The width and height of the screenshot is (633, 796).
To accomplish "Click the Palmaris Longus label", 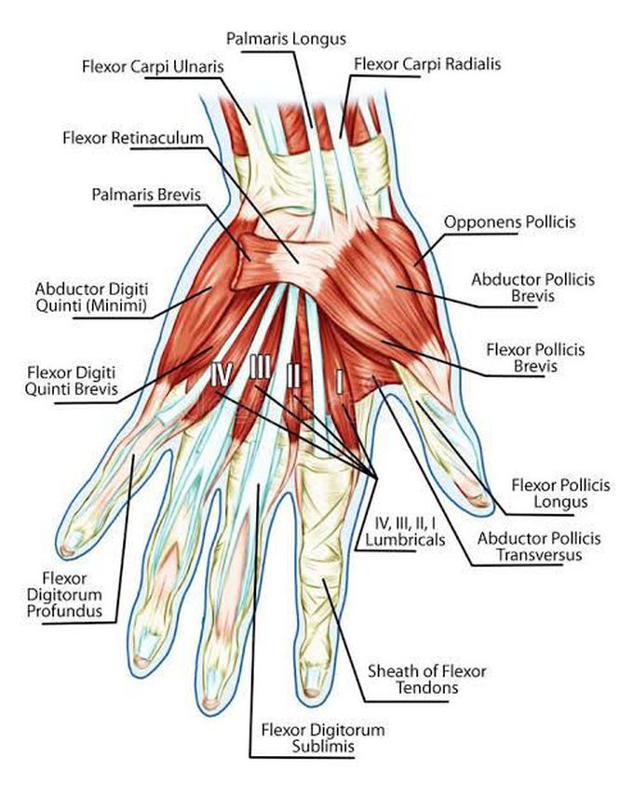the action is (286, 40).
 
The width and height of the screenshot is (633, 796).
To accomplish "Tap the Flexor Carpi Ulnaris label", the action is (153, 66).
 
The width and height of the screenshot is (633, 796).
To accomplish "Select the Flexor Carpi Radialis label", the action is (427, 64).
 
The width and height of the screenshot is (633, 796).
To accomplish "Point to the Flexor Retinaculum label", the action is (133, 138).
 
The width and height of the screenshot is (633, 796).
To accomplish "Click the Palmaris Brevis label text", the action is (146, 195).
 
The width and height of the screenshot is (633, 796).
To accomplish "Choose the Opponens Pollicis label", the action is (509, 223).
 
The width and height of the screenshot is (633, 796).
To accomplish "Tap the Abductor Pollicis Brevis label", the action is (532, 288).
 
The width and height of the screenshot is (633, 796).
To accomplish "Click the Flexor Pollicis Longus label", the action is (560, 493).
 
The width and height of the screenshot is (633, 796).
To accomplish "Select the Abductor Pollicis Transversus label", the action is (539, 546).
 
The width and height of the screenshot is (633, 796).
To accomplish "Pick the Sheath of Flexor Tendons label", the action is (427, 680).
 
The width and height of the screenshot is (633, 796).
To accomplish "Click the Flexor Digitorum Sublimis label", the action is (323, 738).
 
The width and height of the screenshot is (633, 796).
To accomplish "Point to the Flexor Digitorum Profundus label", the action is (64, 595).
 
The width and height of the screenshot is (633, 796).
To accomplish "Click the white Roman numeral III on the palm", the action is (260, 367).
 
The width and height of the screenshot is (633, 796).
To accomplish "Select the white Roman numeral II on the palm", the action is (293, 376).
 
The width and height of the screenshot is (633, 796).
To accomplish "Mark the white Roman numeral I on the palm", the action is (339, 383).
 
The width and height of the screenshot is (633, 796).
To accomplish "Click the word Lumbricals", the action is (405, 539).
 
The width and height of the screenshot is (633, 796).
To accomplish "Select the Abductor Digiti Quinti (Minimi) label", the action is (91, 298).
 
